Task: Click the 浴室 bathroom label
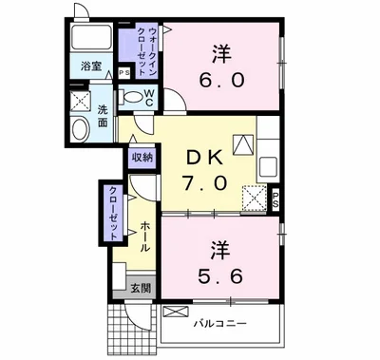[90, 66]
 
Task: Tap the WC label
[149, 95]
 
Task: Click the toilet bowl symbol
[130, 96]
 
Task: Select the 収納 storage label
[142, 158]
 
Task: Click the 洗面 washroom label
[103, 116]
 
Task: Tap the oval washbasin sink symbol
[78, 130]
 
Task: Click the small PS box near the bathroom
[123, 73]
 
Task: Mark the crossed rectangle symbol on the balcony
[175, 312]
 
